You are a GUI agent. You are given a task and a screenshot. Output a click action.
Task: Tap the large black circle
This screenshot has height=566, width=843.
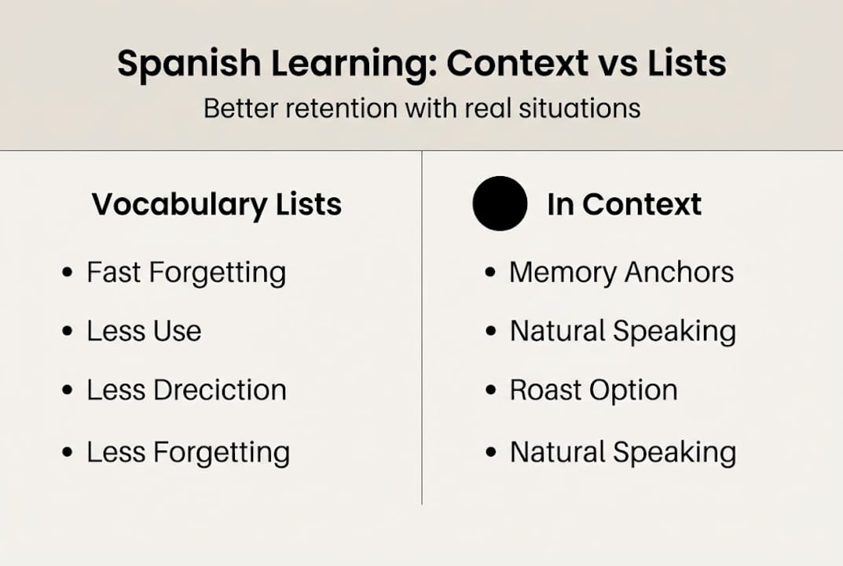pos(500,204)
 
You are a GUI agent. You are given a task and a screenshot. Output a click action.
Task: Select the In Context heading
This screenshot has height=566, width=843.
pos(624,204)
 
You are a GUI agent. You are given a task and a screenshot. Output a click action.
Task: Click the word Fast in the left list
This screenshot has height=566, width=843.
pos(114,273)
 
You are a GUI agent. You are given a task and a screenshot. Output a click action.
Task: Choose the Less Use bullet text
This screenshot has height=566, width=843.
pos(144,331)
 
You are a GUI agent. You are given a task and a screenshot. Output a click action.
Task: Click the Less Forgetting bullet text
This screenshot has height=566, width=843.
pos(188,452)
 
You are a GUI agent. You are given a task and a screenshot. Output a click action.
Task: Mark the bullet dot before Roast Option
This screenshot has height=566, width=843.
pos(491,391)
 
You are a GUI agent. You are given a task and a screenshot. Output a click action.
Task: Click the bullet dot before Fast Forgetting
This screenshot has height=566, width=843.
pos(68,274)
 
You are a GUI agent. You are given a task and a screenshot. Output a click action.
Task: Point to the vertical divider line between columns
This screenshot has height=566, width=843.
pos(422,330)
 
